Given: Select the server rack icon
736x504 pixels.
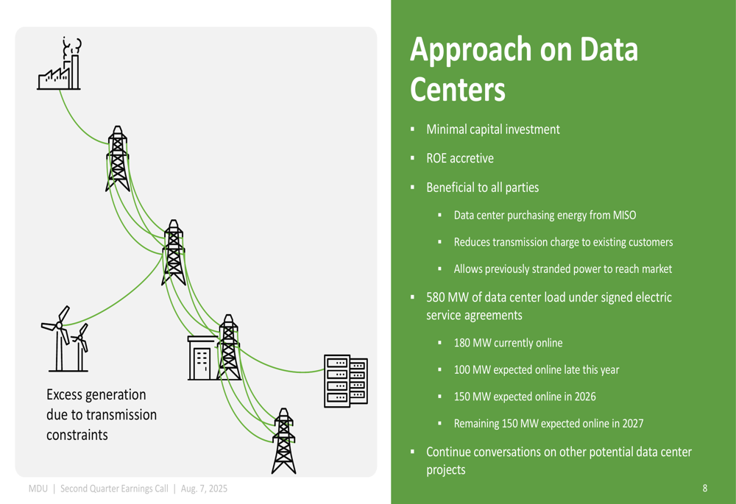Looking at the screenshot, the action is [346, 381].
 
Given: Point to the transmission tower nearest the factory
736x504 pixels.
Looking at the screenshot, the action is [117, 159].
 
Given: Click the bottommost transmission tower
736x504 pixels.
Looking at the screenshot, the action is [284, 441].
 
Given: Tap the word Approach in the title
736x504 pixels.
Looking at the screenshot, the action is [471, 51].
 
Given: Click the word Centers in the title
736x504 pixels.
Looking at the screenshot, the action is [458, 89].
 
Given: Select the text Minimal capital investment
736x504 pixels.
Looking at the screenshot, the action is [493, 129].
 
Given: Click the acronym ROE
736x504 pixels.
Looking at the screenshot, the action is [436, 159].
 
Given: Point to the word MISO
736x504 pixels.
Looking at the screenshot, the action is [624, 216].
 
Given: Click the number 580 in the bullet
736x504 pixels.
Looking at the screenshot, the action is [435, 297].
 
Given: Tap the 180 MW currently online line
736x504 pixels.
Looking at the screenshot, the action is [508, 343].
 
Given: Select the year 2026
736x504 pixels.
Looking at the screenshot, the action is [585, 397].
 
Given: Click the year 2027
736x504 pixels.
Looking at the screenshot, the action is [633, 424].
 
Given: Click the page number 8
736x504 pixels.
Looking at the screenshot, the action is [704, 489].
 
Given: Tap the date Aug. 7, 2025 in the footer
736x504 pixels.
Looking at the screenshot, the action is [204, 489].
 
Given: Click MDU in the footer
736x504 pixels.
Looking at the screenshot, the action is [38, 489].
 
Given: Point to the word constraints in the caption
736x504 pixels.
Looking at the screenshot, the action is [77, 435].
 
